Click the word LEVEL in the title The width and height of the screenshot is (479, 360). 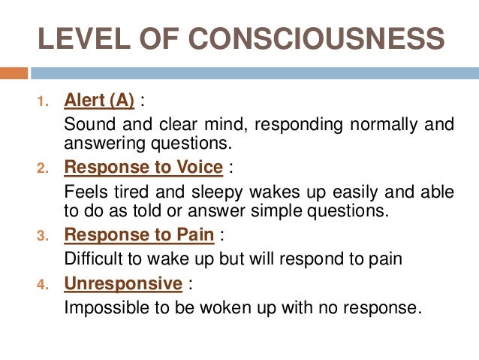tap(71, 40)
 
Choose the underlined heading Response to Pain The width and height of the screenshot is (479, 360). tap(140, 234)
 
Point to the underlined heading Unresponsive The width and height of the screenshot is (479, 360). tap(124, 283)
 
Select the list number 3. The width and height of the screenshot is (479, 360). tap(42, 236)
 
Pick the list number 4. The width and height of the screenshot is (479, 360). tap(42, 285)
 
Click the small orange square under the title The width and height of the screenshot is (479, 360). tap(14, 74)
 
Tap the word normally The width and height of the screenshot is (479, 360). tap(381, 124)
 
